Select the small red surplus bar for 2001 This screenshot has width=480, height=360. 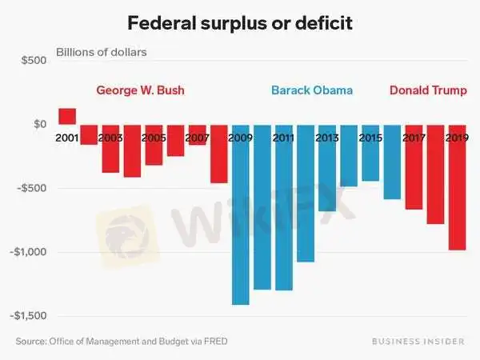pyautogui.click(x=67, y=117)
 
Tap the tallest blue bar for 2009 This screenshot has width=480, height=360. pyautogui.click(x=240, y=216)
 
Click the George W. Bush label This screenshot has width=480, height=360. pyautogui.click(x=140, y=90)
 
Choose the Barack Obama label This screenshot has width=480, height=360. pyautogui.click(x=312, y=90)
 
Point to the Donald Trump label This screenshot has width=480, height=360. pyautogui.click(x=429, y=90)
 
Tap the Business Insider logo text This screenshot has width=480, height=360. pyautogui.click(x=418, y=342)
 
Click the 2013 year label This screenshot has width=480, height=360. pyautogui.click(x=326, y=138)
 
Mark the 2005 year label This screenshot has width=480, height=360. pyautogui.click(x=154, y=138)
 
